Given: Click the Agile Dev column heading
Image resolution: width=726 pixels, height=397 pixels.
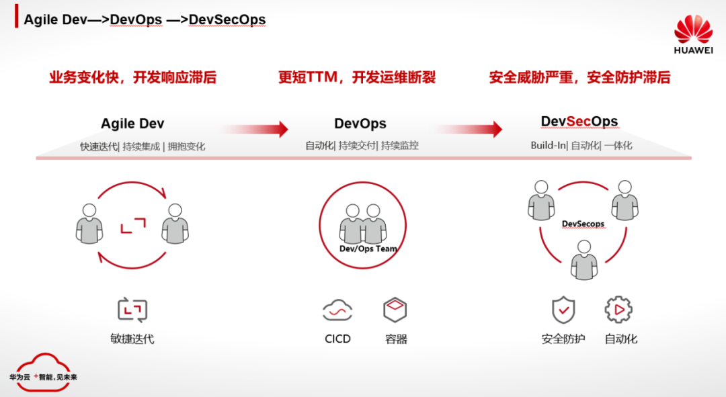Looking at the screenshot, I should point(132,124).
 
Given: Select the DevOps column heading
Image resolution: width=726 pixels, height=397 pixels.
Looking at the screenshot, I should point(360,124).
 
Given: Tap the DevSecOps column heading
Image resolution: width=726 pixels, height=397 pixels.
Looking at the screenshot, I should point(579,122).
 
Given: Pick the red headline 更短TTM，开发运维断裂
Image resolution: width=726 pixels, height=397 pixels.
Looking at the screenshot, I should point(357,77).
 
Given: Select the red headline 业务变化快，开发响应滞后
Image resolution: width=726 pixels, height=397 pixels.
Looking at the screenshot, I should point(132,77).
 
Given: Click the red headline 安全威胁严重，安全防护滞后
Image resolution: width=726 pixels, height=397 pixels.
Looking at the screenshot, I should point(579,77).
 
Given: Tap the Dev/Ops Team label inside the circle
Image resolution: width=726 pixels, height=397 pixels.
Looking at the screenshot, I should point(368,249).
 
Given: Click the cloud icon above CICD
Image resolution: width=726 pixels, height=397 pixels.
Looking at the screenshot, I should point(337,310).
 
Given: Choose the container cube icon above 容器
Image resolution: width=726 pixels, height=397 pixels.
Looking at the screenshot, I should point(395,310).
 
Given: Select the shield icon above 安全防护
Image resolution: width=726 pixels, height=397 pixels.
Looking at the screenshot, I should point(563,310).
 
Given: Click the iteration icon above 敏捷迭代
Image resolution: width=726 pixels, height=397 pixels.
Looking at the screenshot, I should point(132,310).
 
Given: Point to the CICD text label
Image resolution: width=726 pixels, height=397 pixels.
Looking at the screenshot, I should point(337,339).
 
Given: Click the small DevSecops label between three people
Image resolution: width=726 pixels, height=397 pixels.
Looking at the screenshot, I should point(583,224).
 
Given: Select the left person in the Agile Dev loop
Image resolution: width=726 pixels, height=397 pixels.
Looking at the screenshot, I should point(89,223).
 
